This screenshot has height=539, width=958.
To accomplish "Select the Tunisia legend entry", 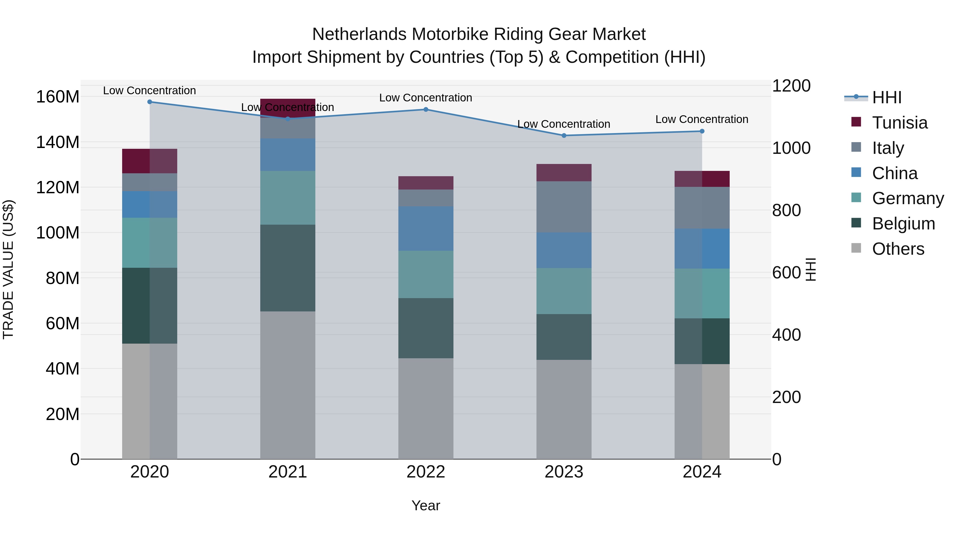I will point(899,123).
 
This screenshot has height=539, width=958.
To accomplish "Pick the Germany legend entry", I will point(907,198).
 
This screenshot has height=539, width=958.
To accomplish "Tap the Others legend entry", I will point(898,249).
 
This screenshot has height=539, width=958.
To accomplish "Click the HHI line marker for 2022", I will point(426,109).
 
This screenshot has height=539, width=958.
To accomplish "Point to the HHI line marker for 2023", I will point(564,135).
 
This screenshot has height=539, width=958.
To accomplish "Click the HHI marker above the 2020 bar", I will point(150,102).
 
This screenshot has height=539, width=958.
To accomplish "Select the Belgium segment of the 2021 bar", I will point(287,268).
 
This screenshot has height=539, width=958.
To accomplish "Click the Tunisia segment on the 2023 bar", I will point(564,172).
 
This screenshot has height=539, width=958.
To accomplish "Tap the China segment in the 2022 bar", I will point(426,228).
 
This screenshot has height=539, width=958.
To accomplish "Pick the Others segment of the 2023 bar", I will point(564,409).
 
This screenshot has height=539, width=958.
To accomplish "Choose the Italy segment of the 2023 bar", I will point(564,207).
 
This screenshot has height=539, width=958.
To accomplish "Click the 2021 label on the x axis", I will point(287,472).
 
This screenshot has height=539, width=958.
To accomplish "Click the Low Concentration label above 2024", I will point(701,120).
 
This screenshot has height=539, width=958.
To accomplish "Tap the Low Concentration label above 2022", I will point(426,98).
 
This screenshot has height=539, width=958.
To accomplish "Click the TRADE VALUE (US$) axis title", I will point(8,269).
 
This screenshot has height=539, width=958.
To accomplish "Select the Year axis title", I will point(426,505).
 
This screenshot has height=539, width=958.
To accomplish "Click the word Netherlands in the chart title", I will point(359,34).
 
